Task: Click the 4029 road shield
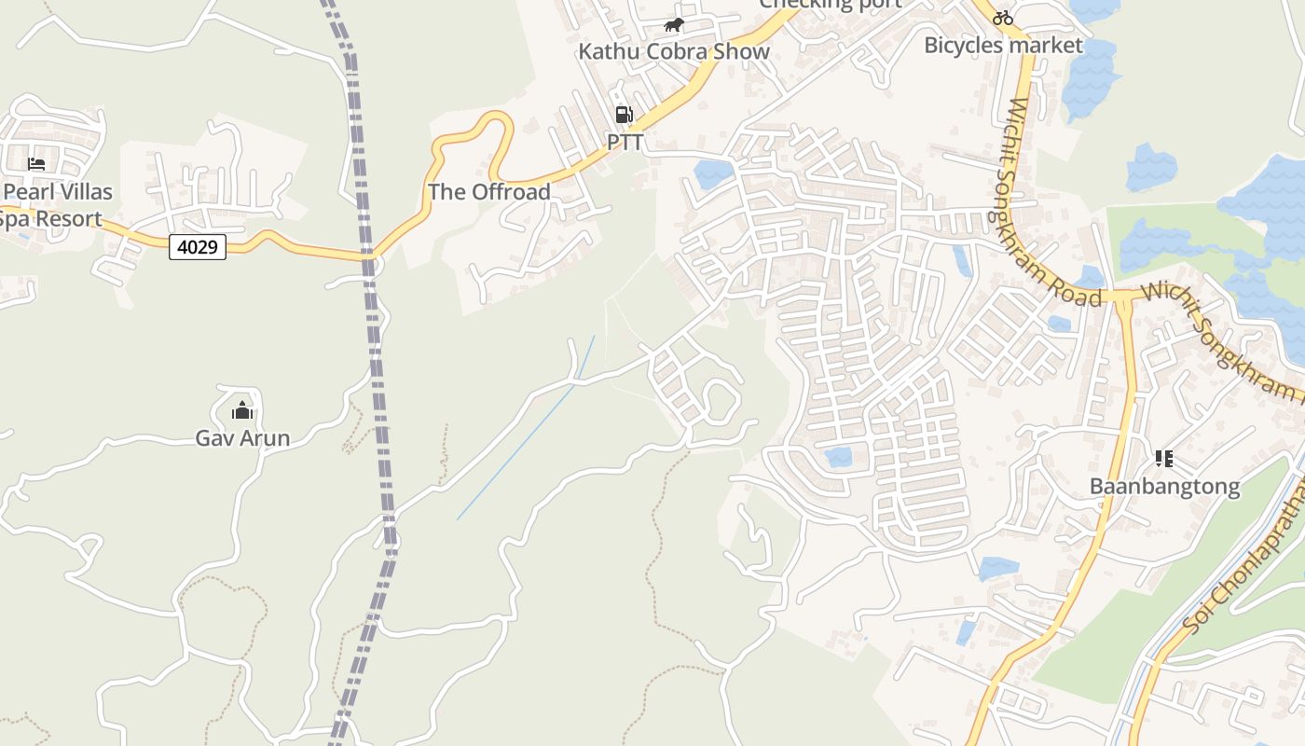(198, 247)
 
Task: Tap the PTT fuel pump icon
(624, 115)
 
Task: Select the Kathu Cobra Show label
(674, 51)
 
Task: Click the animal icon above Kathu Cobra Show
(673, 24)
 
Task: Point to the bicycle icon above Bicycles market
(1003, 17)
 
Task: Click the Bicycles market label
(1003, 45)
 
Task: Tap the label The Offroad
(489, 192)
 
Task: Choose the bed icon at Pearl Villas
(36, 164)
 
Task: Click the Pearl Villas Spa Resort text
(56, 205)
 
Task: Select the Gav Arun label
(242, 437)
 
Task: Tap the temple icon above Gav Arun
(242, 409)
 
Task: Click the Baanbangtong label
(1164, 486)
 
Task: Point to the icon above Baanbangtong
(1163, 458)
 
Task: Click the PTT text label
(625, 143)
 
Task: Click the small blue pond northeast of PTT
(713, 173)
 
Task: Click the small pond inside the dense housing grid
(838, 456)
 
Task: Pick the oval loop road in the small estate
(719, 400)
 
